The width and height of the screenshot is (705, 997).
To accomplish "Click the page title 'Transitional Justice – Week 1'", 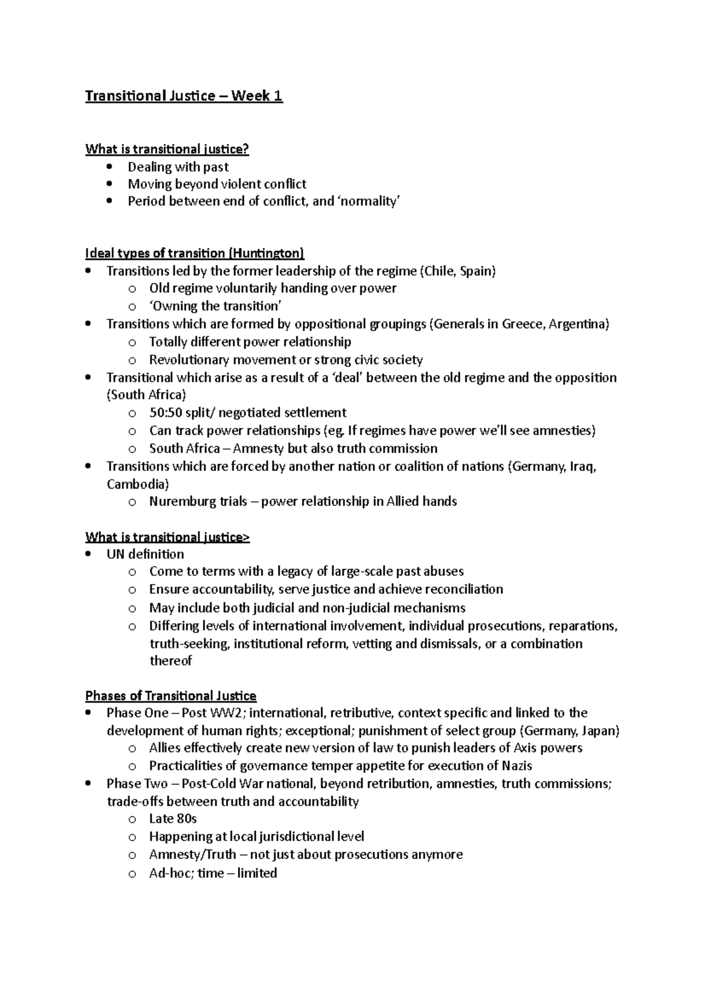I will [184, 96].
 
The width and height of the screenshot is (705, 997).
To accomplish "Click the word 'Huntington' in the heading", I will [266, 254].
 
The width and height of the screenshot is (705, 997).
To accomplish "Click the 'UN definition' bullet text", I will [145, 554].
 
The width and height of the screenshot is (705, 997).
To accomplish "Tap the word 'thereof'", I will [170, 661].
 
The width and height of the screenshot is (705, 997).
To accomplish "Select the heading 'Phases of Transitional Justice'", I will [170, 696].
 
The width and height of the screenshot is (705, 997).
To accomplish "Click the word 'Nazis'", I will [516, 766].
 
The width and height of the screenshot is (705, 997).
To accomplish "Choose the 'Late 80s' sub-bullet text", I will [173, 819].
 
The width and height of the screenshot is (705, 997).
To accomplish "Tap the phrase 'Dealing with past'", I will [178, 167].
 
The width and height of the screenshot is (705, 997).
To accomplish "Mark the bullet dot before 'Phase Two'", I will [88, 783].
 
